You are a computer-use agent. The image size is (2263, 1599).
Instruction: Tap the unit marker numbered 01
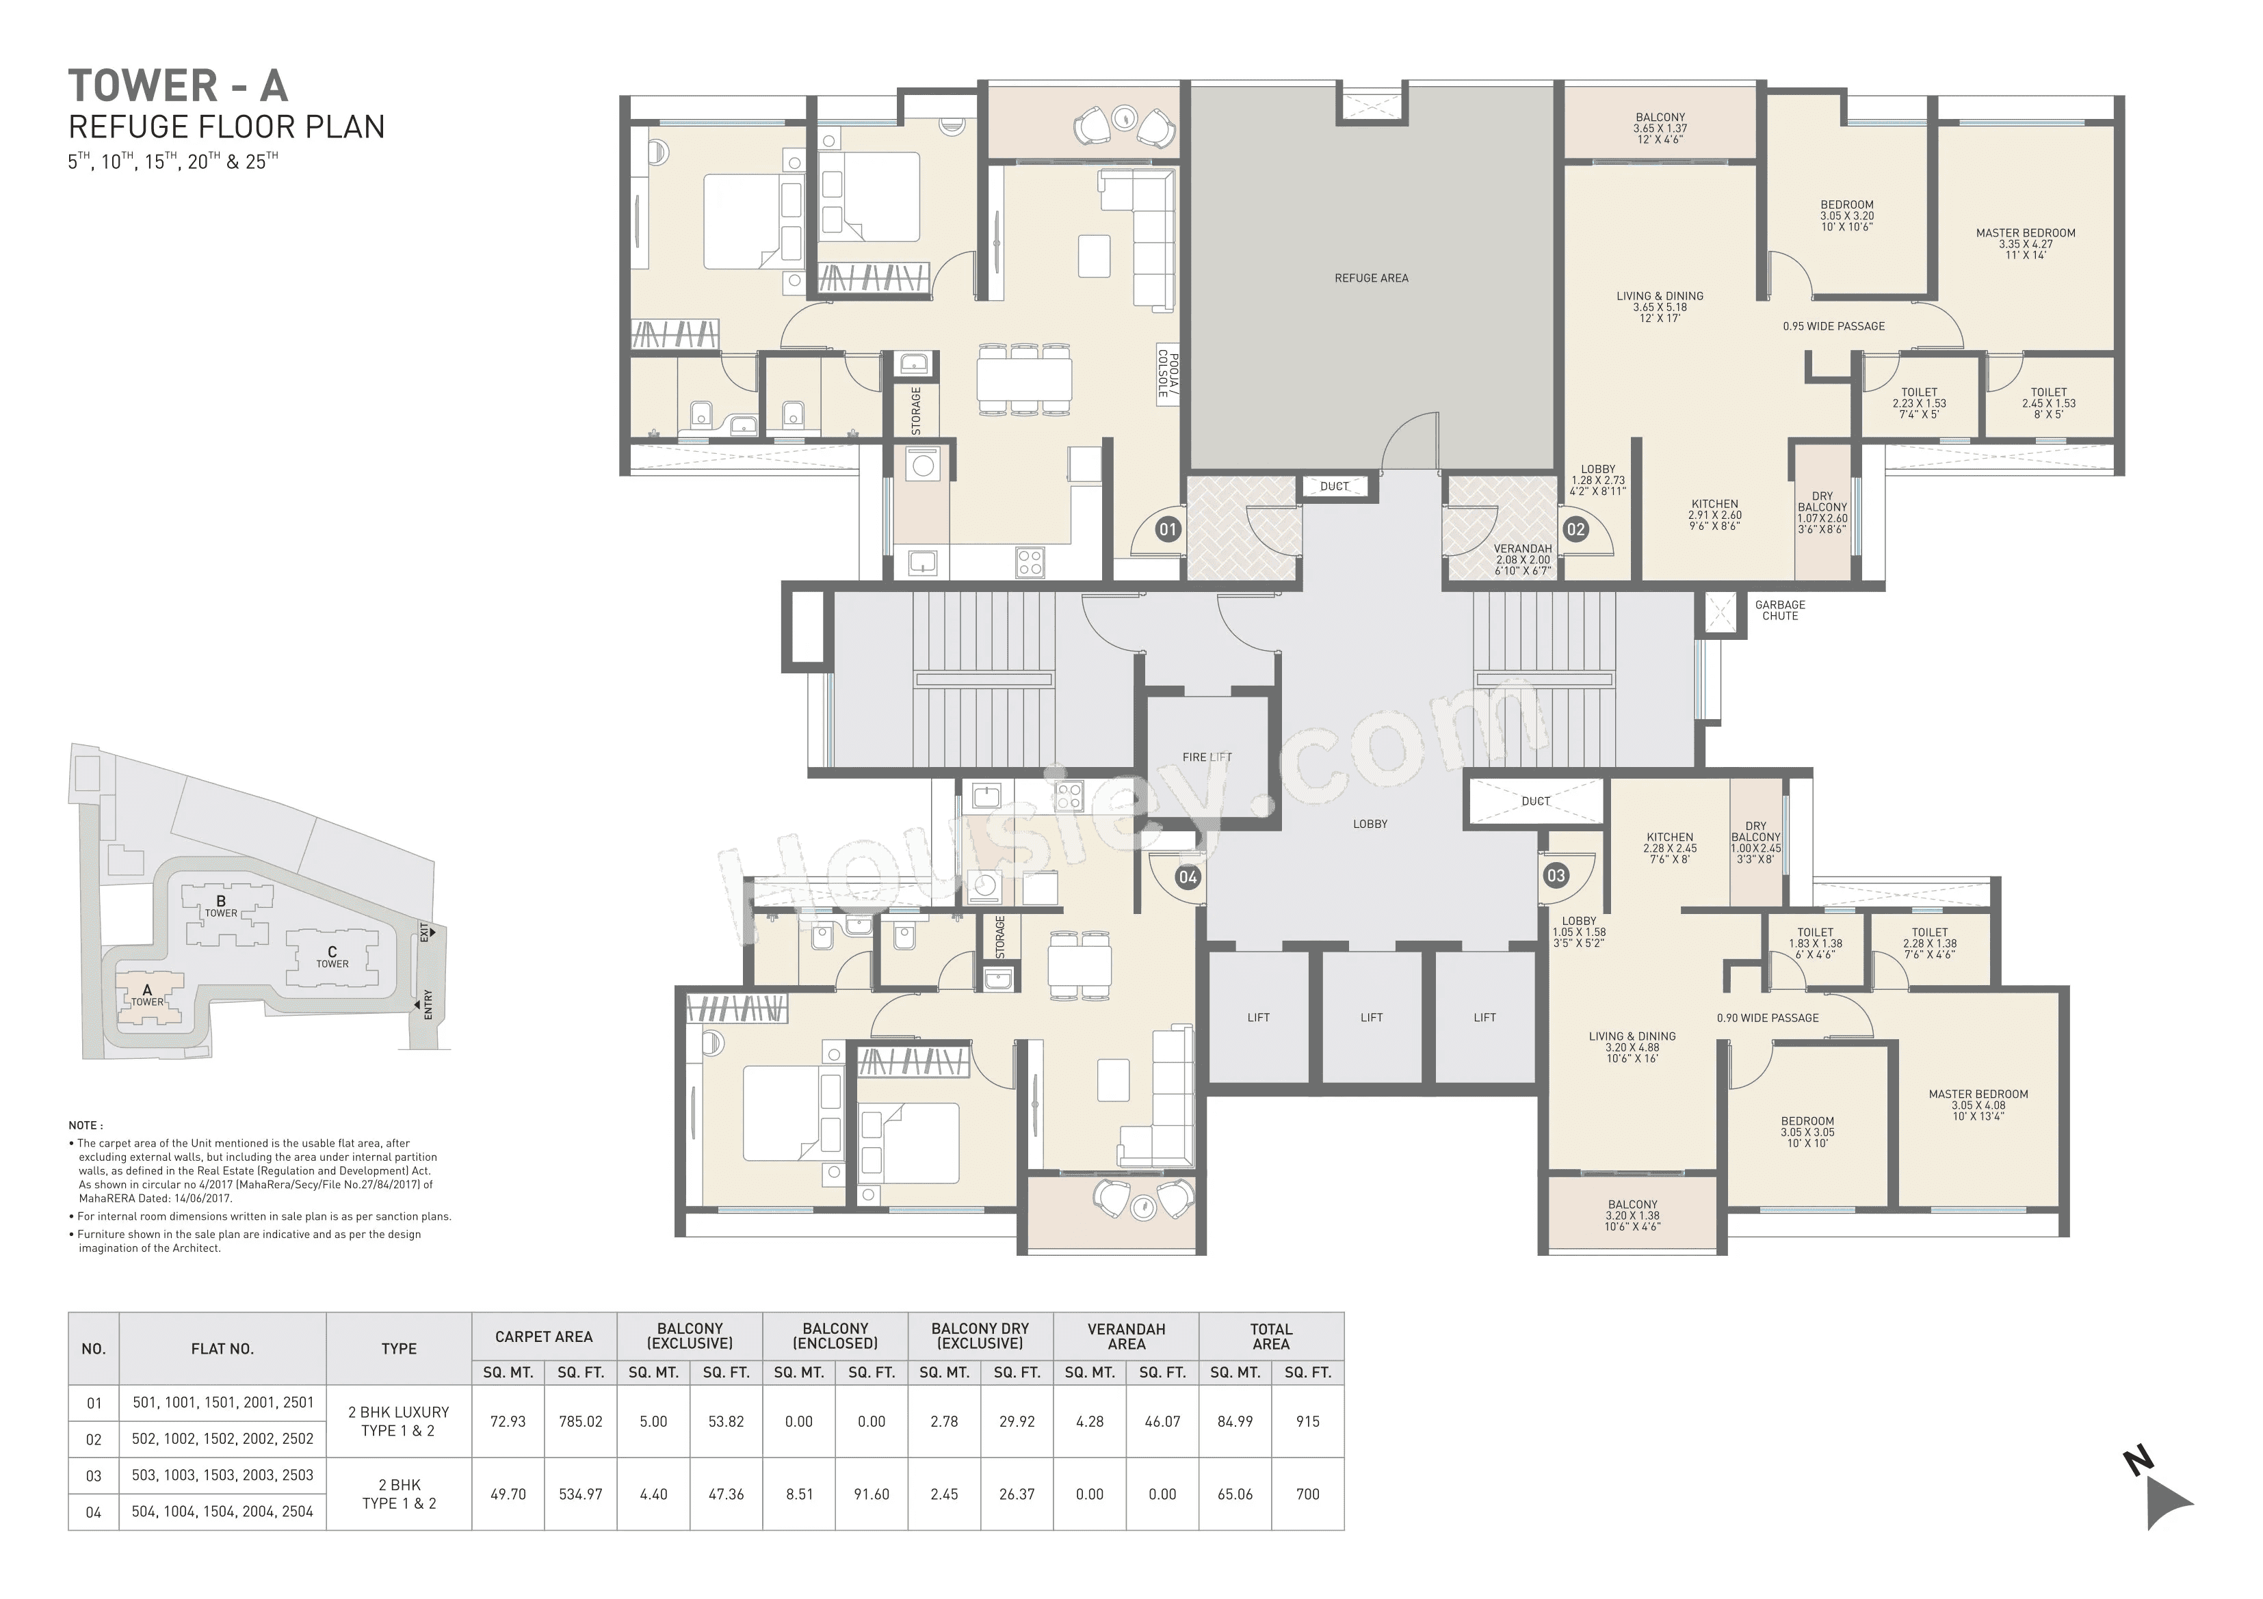point(1167,530)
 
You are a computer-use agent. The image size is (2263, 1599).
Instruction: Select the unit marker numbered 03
point(1556,875)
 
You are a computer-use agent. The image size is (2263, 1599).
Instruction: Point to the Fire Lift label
point(1207,757)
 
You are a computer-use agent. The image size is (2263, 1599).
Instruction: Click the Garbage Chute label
point(1780,611)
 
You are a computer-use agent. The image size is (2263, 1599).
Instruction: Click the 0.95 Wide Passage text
point(1833,326)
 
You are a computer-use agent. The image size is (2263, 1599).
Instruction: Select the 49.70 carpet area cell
point(508,1494)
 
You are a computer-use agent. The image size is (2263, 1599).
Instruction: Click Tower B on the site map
point(221,905)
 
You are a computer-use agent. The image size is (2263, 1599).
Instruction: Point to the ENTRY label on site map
point(428,1006)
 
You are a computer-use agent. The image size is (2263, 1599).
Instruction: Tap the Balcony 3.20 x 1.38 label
point(1632,1215)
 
